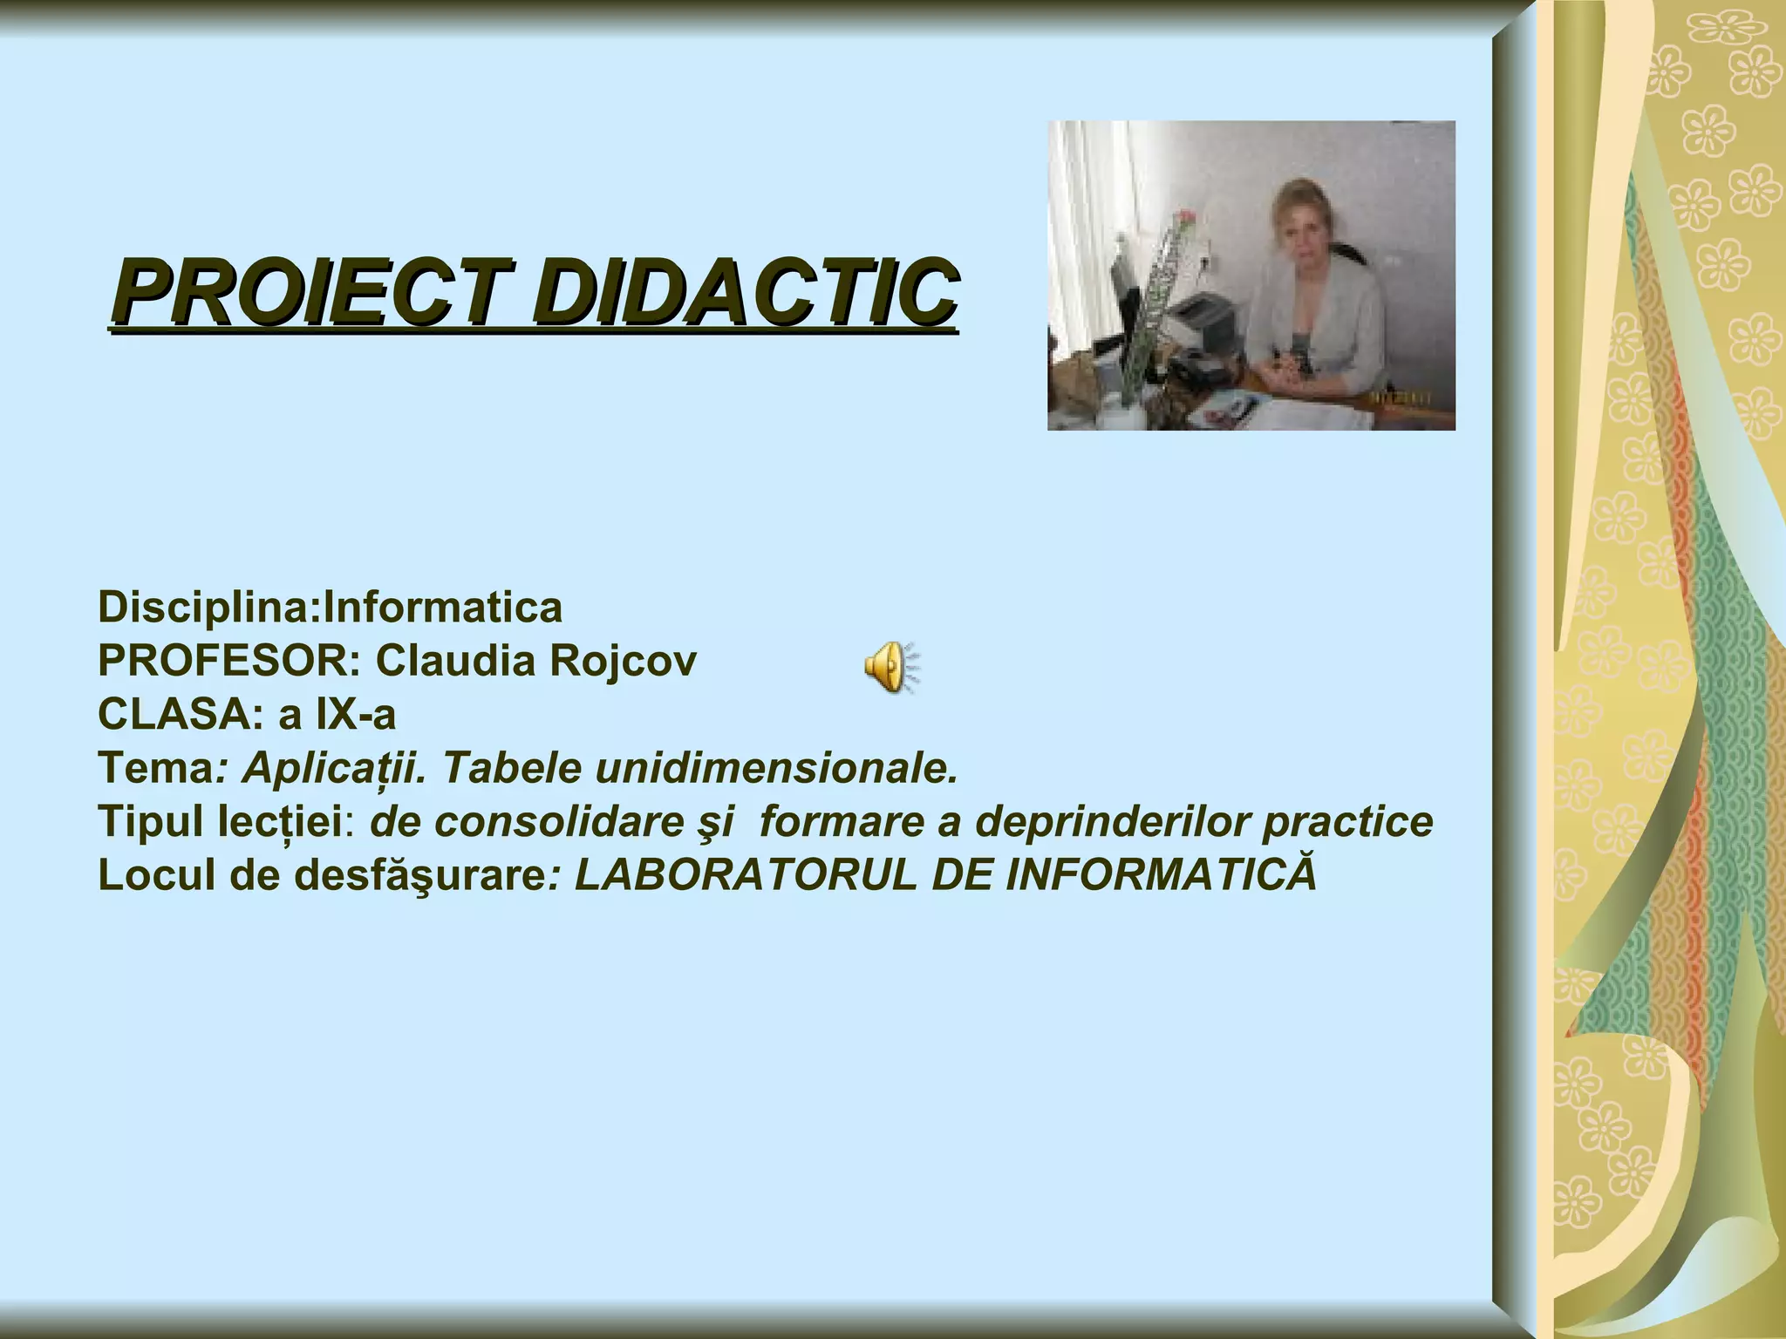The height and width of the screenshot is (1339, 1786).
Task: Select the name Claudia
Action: click(x=455, y=661)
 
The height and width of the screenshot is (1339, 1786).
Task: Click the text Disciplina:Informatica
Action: click(x=330, y=607)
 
